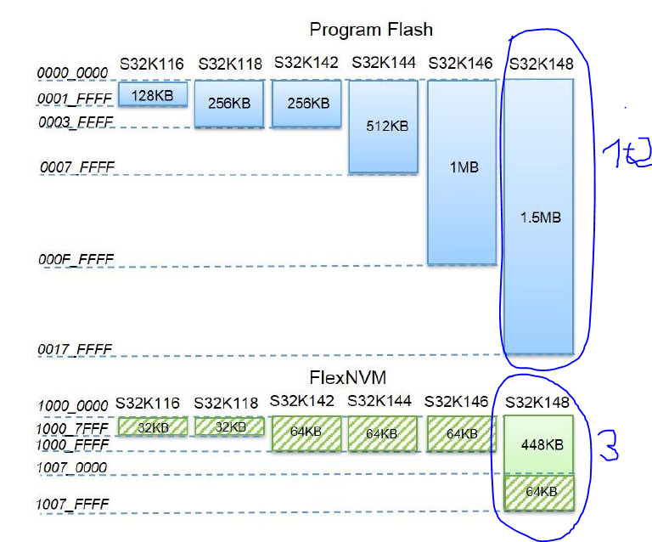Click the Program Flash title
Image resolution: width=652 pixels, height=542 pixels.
(x=371, y=30)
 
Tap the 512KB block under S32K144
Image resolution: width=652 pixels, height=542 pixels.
(x=384, y=127)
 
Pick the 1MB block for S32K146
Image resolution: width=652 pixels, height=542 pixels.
(x=462, y=167)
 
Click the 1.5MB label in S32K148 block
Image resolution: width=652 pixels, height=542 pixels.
(x=541, y=217)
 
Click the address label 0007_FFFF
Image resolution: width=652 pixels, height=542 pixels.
(x=76, y=167)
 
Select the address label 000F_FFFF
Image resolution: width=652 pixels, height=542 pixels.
(x=76, y=259)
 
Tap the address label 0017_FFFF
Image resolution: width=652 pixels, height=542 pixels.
(x=76, y=349)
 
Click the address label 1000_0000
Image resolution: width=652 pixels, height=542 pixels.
(x=73, y=406)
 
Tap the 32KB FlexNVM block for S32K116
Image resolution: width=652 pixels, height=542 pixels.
(x=152, y=427)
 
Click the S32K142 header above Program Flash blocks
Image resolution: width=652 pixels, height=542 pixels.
(x=306, y=63)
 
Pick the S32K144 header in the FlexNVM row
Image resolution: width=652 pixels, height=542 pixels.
(x=379, y=400)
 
